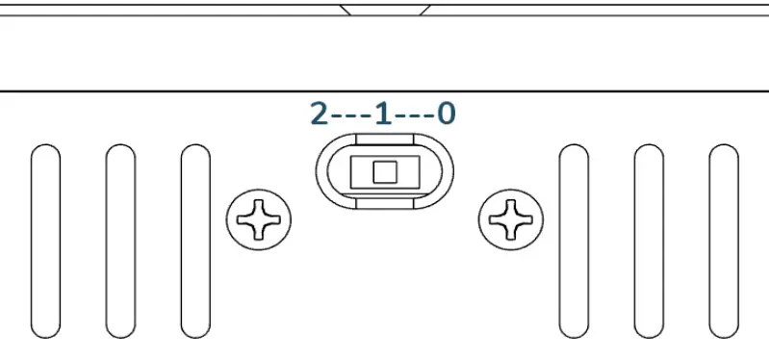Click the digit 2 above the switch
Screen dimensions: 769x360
click(320, 115)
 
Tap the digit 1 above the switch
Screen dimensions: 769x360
click(383, 115)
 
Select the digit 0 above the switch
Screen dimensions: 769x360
click(446, 115)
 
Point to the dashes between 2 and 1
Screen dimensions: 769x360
click(350, 116)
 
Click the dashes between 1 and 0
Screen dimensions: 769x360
click(414, 116)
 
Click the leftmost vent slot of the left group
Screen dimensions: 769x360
click(45, 241)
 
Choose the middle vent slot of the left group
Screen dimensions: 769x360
click(120, 241)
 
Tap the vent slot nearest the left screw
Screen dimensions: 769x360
click(195, 241)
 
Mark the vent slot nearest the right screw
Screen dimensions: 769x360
click(574, 241)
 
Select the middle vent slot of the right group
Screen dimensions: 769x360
click(649, 241)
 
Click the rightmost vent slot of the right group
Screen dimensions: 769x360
click(723, 241)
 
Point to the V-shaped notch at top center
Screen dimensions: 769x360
click(384, 11)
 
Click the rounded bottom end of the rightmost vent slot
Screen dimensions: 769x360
click(723, 329)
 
